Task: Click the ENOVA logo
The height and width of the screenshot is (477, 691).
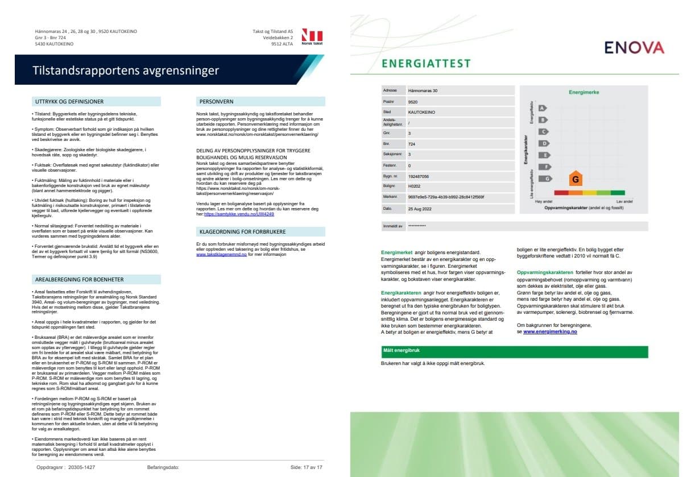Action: point(634,48)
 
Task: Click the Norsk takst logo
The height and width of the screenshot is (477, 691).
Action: point(312,36)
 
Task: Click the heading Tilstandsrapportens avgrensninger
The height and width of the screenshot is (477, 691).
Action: point(126,70)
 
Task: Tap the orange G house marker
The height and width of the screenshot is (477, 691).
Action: point(576,179)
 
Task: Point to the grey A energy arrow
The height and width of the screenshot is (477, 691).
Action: point(543,108)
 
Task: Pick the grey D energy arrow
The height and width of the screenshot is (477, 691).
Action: point(544,144)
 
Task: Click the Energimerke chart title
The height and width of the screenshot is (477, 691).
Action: point(584,92)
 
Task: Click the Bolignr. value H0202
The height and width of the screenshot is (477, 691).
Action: point(414,186)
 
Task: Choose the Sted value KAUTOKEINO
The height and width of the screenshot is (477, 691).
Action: point(421,112)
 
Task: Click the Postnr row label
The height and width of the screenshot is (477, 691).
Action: point(389,101)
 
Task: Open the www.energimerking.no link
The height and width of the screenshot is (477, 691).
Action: point(549,331)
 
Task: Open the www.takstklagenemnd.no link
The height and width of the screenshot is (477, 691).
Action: point(221,255)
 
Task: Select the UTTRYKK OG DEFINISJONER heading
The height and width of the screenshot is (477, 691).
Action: point(69,102)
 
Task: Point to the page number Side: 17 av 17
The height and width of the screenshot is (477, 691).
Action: point(306,467)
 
